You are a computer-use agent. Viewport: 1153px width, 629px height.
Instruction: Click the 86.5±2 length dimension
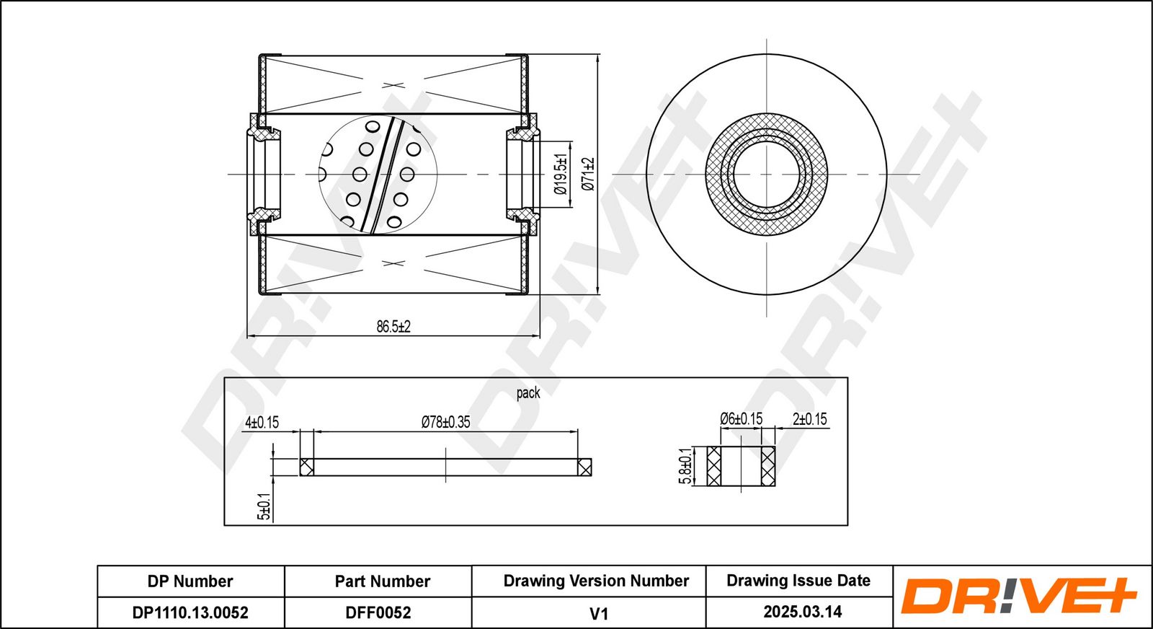(393, 327)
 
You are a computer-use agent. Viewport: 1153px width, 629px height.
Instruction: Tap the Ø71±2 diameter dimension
(588, 174)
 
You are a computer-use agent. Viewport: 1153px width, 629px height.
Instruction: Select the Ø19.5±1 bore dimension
(561, 174)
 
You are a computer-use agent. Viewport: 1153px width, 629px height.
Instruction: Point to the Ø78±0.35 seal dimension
(446, 422)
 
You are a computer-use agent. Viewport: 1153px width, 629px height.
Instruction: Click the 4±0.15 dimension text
(262, 423)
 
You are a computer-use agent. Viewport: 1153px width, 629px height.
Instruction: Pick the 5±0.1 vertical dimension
(264, 506)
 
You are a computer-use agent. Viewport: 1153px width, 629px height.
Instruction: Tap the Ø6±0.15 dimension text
(742, 419)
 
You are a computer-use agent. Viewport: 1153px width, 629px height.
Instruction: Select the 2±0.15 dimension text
(810, 419)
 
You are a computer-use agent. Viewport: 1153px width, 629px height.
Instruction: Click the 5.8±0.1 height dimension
(685, 466)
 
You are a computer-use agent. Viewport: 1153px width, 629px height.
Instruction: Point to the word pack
(528, 393)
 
